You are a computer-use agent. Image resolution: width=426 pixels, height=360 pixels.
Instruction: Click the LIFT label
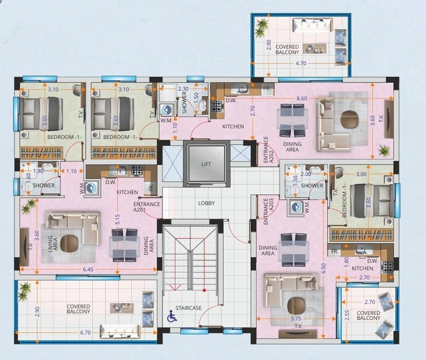click(x=206, y=164)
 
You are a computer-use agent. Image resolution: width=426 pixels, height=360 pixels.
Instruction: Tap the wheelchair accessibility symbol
click(x=171, y=316)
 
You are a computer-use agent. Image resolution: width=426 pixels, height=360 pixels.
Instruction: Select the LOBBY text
click(x=207, y=203)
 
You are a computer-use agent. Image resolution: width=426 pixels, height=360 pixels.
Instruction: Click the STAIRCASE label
click(x=189, y=308)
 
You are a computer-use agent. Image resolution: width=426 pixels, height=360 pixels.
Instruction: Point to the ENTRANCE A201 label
click(x=146, y=207)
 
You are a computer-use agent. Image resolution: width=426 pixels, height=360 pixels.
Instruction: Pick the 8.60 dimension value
click(x=301, y=99)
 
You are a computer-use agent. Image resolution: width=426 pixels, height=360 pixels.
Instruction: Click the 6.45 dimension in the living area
click(x=88, y=269)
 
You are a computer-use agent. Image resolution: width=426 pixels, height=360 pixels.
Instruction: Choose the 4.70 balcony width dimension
click(x=301, y=63)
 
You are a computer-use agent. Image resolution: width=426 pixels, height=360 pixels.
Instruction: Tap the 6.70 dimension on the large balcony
click(x=85, y=332)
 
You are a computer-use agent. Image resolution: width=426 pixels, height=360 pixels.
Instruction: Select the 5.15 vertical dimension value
click(x=117, y=219)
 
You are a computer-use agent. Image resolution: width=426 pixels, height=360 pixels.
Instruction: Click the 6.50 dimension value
click(x=323, y=268)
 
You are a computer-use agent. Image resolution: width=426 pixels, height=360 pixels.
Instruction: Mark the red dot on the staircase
click(x=204, y=290)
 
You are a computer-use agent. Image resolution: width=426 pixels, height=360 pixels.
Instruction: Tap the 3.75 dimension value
click(x=296, y=318)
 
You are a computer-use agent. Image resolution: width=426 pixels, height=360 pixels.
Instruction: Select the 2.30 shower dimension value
click(x=183, y=88)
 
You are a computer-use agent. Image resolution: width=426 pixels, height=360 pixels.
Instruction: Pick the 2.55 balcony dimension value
click(x=347, y=315)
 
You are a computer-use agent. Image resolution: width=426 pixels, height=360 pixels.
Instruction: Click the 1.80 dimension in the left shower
click(x=38, y=171)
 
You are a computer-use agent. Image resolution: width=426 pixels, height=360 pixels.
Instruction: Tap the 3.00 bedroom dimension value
click(x=362, y=174)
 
